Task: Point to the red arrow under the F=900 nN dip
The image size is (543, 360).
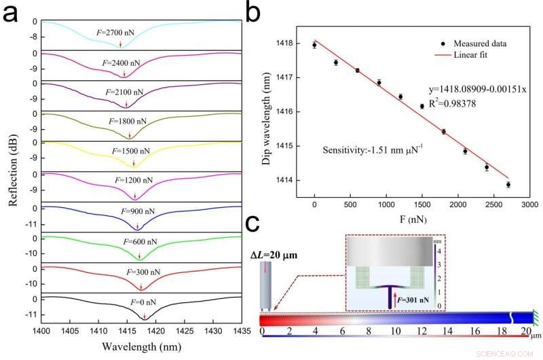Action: pos(138,226)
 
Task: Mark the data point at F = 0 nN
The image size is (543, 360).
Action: pos(314,45)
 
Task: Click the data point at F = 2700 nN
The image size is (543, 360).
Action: pos(508,184)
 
